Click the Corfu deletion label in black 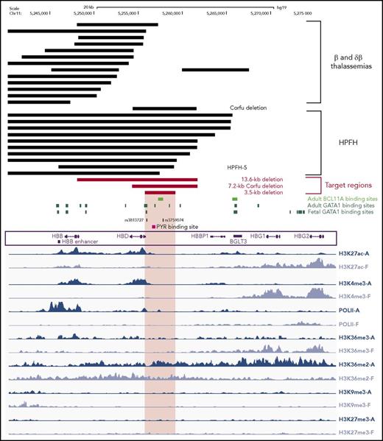[247, 107]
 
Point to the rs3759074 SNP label [175, 219]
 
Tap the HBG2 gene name [302, 235]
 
